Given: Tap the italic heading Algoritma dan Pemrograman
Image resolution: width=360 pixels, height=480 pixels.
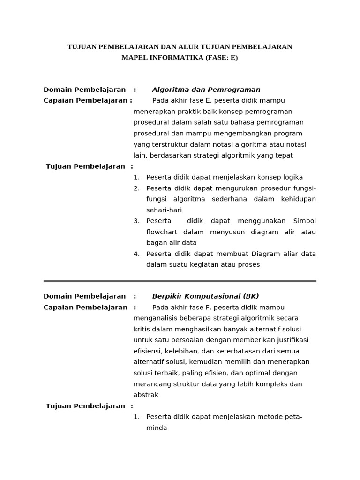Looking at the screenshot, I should point(206,90).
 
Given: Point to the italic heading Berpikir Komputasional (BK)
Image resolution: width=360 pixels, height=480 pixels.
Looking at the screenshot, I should point(205,296).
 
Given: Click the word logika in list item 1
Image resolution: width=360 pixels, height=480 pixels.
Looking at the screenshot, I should point(292,177).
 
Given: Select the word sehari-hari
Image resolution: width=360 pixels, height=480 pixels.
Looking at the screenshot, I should point(164,210).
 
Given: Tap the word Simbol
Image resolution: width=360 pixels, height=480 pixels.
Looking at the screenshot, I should point(304,221).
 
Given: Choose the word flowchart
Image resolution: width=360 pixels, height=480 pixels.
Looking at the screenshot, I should point(162,232).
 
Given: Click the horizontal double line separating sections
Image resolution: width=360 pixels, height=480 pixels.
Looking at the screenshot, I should point(180,281).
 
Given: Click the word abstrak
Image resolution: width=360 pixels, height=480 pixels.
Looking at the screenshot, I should point(146,395).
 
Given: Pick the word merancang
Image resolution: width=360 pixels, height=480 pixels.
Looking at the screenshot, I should point(150,384).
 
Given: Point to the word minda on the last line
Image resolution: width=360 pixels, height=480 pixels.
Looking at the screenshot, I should point(157,428).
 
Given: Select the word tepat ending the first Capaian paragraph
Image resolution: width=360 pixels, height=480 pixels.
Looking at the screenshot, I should point(284,155).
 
